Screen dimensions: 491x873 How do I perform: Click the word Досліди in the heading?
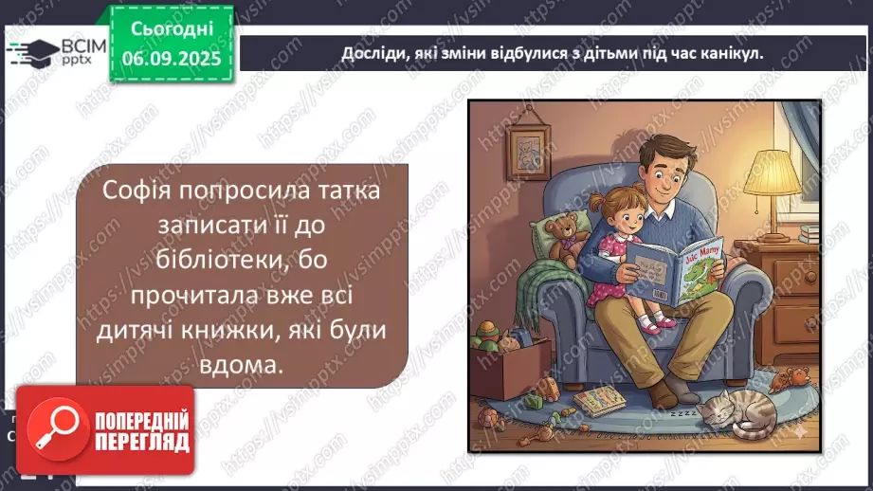click(373, 54)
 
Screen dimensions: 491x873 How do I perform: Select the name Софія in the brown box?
click(139, 191)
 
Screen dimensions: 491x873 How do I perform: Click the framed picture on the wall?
click(526, 142)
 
